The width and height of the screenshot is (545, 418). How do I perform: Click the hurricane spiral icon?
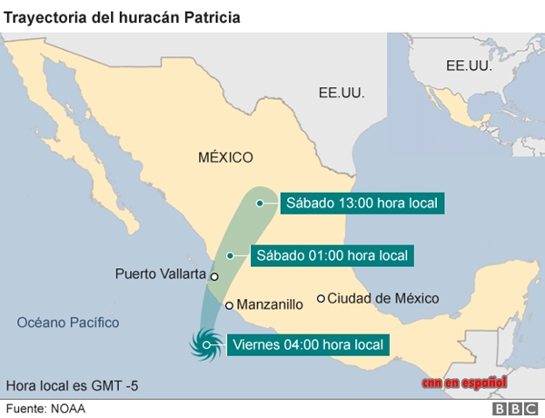coord(204,343)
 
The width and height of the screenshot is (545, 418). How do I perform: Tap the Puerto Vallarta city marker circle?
coord(214,276)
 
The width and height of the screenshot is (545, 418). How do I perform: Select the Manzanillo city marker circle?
coord(230,305)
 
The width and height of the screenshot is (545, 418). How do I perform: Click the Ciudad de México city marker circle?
coord(321,298)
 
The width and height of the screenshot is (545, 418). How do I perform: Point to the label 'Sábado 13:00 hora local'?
coord(362,204)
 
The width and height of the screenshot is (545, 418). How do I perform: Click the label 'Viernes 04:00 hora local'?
coord(310,344)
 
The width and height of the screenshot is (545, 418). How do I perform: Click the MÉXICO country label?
coord(225,158)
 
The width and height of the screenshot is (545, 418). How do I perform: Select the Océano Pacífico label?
coord(68,323)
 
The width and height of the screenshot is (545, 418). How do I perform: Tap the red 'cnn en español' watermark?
coord(464,383)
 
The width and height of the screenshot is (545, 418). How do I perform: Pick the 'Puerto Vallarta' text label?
coord(160,274)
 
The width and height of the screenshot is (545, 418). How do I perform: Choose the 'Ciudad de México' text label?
coord(383,298)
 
